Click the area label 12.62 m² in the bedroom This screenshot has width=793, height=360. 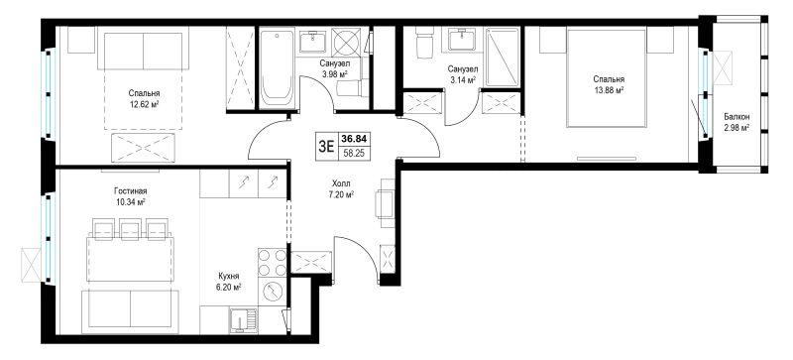point(144,105)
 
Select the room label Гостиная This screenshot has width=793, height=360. point(131,190)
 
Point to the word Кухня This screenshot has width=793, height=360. point(229,276)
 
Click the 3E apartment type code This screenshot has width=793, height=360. point(326,147)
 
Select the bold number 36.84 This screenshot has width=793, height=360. point(355,138)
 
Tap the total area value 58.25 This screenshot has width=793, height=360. point(355,153)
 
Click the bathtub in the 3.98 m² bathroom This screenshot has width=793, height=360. point(278,67)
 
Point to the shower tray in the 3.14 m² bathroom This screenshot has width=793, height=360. point(503,58)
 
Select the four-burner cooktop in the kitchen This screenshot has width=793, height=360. point(272,263)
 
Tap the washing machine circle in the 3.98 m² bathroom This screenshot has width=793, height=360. point(346,41)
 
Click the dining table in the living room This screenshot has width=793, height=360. point(130,259)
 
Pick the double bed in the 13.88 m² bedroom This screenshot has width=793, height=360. point(607,78)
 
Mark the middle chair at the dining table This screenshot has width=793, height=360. point(130,228)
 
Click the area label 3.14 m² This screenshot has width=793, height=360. point(462,80)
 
